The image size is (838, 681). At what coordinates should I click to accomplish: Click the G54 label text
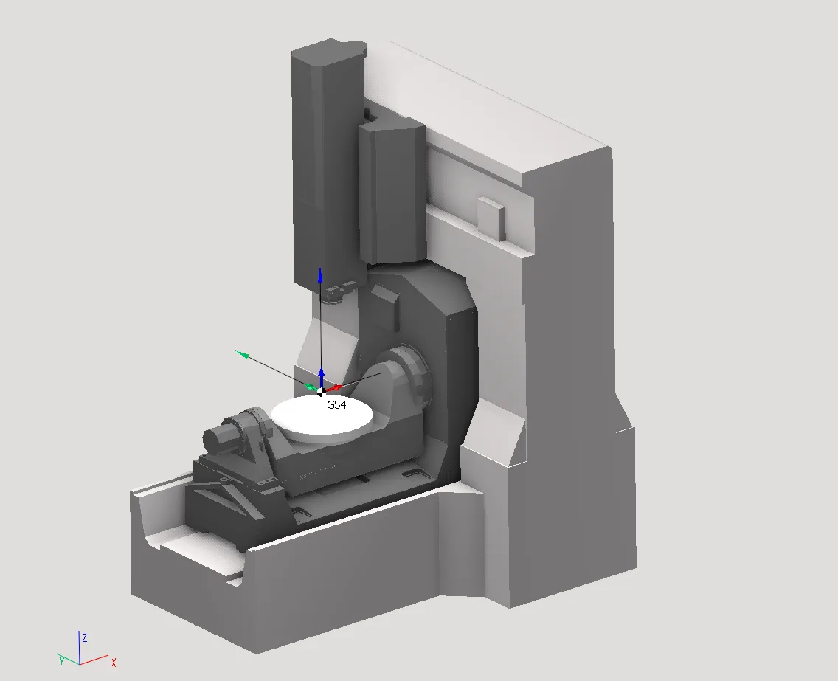pos(336,404)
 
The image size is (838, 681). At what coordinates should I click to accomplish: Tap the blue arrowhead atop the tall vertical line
pos(320,274)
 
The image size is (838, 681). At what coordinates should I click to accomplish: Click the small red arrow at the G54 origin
pos(334,387)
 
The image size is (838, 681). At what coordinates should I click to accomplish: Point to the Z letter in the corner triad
pos(84,637)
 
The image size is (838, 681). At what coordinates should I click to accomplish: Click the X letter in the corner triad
pos(114,663)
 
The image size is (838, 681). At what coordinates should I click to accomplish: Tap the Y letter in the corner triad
pos(62,660)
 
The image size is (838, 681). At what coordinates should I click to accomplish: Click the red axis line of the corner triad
pos(94,659)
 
